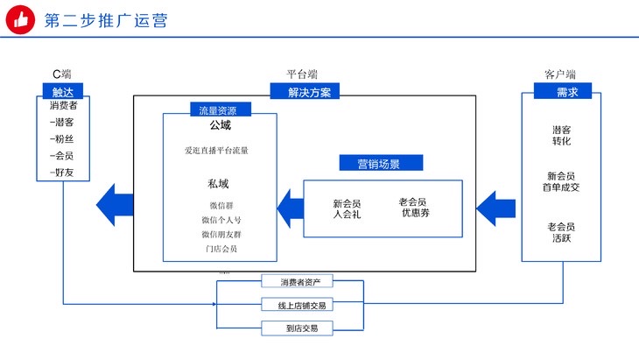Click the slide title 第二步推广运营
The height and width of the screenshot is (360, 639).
point(107,19)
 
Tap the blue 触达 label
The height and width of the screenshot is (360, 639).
point(62,91)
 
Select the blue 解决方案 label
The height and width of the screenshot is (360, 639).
point(302,92)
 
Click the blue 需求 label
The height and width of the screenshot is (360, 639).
point(562,91)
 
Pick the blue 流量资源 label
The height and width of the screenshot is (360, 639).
point(220,110)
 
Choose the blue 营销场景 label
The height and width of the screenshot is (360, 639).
point(381,163)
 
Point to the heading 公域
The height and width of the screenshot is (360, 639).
point(220,126)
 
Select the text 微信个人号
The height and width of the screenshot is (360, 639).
point(220,220)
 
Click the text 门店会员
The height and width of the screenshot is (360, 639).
point(220,250)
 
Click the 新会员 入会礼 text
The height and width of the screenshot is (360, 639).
point(347,208)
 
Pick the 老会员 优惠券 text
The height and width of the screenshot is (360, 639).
point(412,207)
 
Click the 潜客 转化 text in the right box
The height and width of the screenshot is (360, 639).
point(561,135)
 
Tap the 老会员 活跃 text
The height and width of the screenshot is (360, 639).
point(561,232)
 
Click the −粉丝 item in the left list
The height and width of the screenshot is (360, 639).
point(62,138)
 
